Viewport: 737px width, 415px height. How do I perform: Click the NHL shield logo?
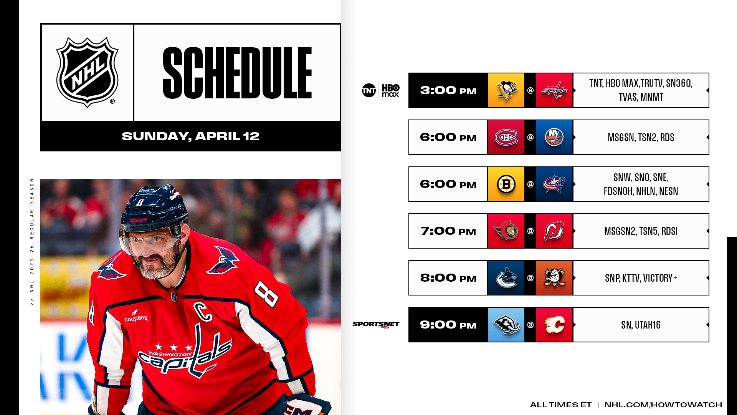pos(88,72)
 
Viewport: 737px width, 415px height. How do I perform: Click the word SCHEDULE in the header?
pos(237,73)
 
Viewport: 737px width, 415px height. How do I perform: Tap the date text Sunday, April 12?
pos(190,136)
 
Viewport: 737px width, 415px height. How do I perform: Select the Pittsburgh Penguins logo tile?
pos(506,90)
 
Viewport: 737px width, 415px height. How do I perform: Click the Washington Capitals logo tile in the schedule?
pos(554,90)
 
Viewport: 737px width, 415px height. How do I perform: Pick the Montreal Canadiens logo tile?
pos(506,137)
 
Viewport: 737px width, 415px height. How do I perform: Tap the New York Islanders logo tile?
pos(554,137)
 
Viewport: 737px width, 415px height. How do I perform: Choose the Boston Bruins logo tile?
pos(506,184)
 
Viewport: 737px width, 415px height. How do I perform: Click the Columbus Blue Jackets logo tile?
pos(554,184)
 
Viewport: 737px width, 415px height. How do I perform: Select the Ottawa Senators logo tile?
pos(506,231)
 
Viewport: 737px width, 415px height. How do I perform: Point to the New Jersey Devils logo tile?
pos(554,231)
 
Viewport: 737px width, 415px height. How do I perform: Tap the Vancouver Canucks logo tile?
pos(506,278)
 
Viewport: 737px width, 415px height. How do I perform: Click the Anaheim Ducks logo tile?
pos(554,278)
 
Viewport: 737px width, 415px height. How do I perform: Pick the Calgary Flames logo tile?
pos(554,325)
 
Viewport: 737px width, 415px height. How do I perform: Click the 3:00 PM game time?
pos(448,91)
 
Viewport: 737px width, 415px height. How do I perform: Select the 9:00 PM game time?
pos(448,325)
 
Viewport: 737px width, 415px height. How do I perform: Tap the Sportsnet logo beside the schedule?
pos(376,325)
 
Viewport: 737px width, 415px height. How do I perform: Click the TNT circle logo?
pos(369,90)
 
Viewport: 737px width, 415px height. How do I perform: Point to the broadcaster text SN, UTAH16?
pos(641,325)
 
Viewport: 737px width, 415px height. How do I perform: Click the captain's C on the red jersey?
pos(203,311)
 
